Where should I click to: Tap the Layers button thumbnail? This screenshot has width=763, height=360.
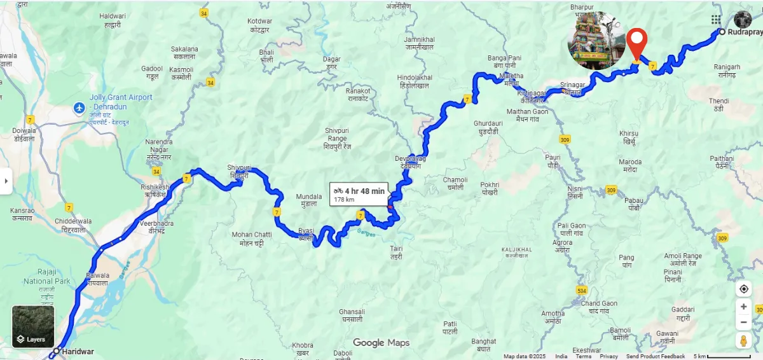[x=33, y=326]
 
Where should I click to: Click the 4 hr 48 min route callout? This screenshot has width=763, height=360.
[x=359, y=194]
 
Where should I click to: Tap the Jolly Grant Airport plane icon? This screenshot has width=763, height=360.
[x=79, y=107]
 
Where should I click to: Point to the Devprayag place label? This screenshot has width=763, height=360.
[x=409, y=162]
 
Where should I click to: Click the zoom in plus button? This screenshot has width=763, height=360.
[x=743, y=307]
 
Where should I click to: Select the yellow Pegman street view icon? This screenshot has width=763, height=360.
[x=743, y=341]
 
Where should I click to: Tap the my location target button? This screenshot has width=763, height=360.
[x=743, y=289]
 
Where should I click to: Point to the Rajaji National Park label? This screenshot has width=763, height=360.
[x=46, y=281]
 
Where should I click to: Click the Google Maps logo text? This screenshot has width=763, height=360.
[x=381, y=343]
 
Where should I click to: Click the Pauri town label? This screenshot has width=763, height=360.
[x=553, y=160]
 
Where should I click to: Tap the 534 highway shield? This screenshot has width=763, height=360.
[x=581, y=291]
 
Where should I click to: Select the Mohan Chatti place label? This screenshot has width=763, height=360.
[x=251, y=239]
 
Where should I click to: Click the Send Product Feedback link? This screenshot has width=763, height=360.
[x=656, y=356]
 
